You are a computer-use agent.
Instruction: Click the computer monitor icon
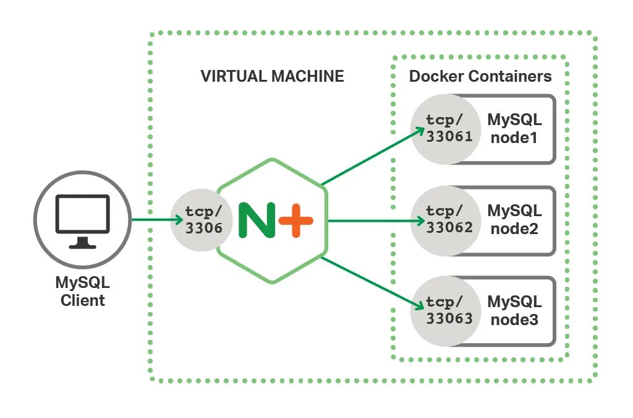click(82, 220)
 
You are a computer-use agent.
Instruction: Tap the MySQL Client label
click(82, 292)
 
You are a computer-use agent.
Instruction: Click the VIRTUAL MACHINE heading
click(272, 76)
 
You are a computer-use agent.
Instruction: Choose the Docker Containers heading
click(480, 76)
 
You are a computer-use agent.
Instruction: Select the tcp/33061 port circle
click(449, 129)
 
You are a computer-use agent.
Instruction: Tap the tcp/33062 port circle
click(449, 220)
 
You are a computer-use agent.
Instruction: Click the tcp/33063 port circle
click(449, 311)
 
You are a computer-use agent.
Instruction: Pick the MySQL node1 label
click(514, 128)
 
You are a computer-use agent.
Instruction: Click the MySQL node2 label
click(514, 219)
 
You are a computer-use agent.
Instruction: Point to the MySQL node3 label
click(514, 310)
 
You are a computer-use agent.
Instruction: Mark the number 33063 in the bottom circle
click(449, 319)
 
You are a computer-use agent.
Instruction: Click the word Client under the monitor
click(83, 301)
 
